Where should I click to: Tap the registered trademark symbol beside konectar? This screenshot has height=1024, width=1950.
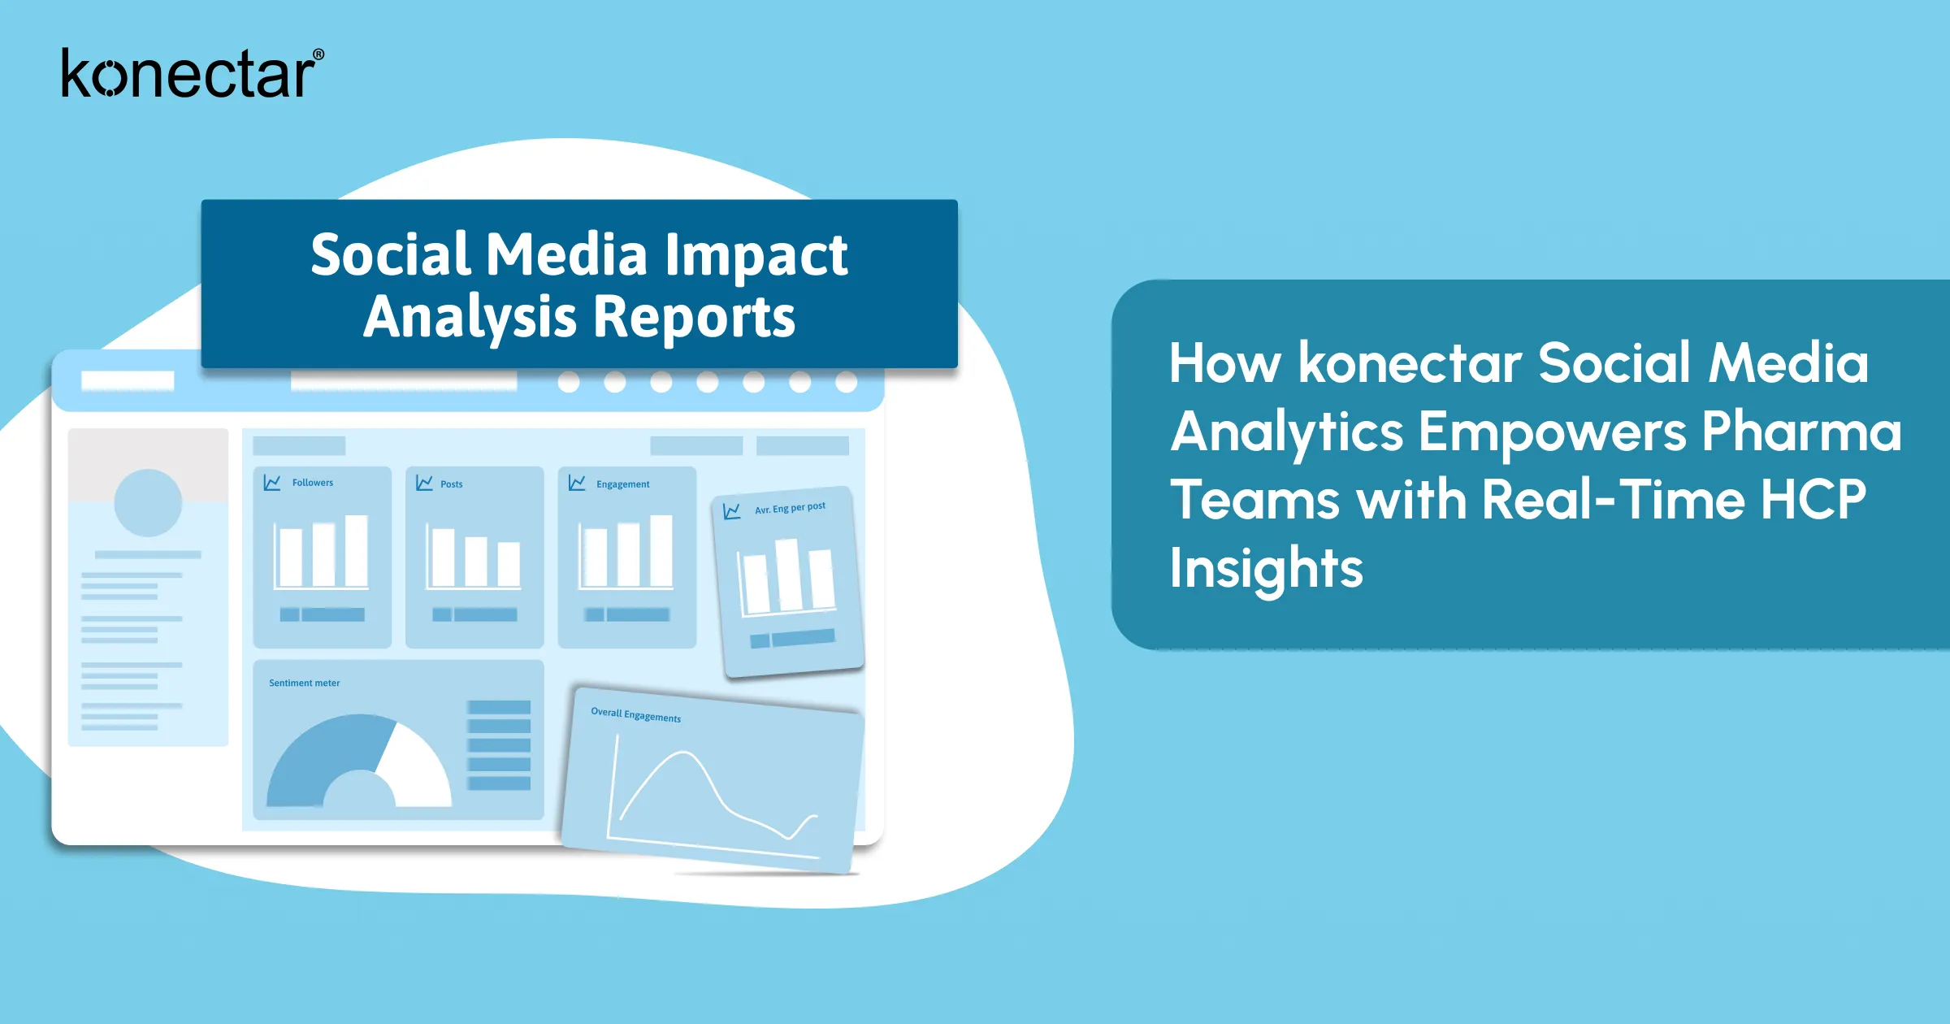point(318,55)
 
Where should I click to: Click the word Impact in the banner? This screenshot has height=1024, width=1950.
point(756,256)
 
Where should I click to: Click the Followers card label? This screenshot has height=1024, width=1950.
point(313,483)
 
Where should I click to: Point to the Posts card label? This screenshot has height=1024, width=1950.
point(452,484)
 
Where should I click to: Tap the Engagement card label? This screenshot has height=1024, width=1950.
point(623,484)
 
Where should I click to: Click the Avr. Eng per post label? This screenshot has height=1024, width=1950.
point(790,508)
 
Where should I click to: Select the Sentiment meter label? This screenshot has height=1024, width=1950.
point(305,683)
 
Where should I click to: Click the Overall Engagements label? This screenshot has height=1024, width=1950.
point(636,715)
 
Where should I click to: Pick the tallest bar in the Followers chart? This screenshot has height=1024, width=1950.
point(357,550)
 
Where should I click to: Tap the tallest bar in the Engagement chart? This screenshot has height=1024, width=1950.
point(661,550)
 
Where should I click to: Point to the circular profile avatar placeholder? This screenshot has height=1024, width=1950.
point(148,502)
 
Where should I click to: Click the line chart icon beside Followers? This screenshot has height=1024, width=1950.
point(272,483)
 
